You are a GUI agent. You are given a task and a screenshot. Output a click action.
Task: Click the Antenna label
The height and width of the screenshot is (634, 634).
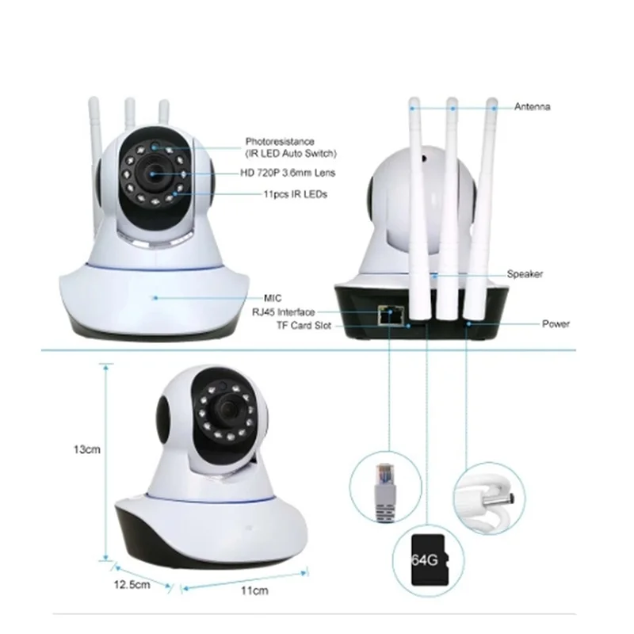(x=532, y=107)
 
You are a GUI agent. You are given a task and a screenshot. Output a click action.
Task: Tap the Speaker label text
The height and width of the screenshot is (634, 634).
(x=525, y=274)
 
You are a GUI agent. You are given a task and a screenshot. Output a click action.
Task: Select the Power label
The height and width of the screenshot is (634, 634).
(x=556, y=324)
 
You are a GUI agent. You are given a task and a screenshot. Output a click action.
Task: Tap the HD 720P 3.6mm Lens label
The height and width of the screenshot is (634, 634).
(x=288, y=172)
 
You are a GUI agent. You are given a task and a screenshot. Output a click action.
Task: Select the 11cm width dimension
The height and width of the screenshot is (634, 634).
(x=252, y=591)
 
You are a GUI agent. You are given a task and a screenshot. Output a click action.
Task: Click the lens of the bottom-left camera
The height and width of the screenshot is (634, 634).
(x=227, y=409)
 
